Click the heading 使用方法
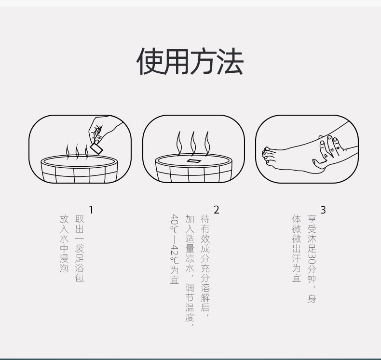(190, 61)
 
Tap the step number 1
(91, 210)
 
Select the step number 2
(216, 210)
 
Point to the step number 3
(323, 210)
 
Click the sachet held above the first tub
(96, 148)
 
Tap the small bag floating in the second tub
(194, 161)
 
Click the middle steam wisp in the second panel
(193, 144)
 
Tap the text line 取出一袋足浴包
(80, 248)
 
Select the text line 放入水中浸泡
(64, 243)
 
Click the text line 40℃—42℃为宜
(175, 249)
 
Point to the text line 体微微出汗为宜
(297, 248)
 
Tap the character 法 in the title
(230, 61)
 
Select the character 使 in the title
(150, 61)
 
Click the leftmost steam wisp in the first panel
(68, 152)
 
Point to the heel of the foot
(319, 168)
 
